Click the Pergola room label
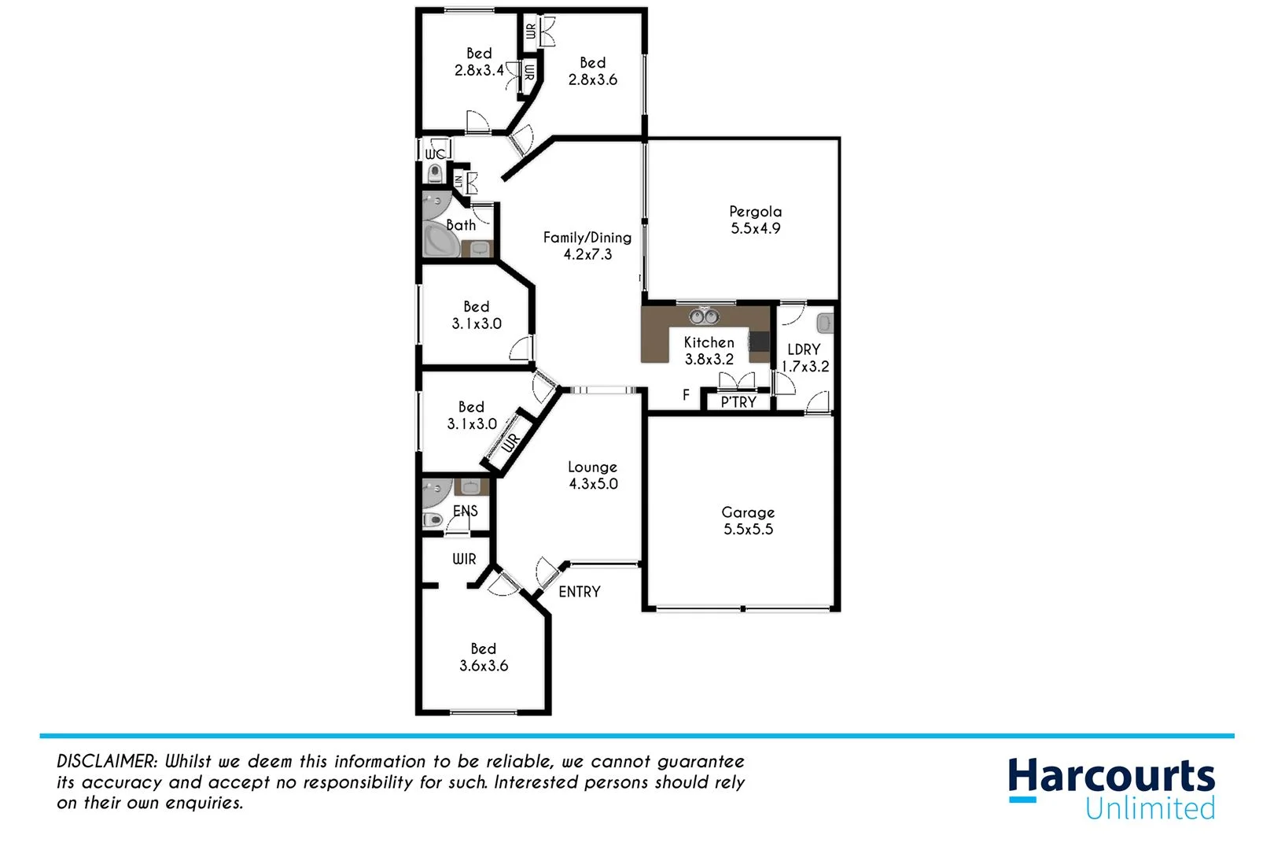pyautogui.click(x=755, y=211)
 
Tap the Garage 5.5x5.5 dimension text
pyautogui.click(x=748, y=530)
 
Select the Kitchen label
pyautogui.click(x=709, y=342)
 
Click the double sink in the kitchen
pyautogui.click(x=704, y=316)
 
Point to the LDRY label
pyautogui.click(x=804, y=349)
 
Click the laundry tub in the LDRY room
pyautogui.click(x=824, y=323)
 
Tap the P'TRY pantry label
pyautogui.click(x=738, y=402)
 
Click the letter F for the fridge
pyautogui.click(x=686, y=395)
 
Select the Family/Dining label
pyautogui.click(x=587, y=238)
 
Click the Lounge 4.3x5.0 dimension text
pyautogui.click(x=593, y=484)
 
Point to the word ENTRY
pyautogui.click(x=579, y=592)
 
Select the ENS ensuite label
pyautogui.click(x=465, y=511)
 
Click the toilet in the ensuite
pyautogui.click(x=433, y=519)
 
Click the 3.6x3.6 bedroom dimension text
pyautogui.click(x=484, y=666)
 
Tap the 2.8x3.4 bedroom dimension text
pyautogui.click(x=479, y=70)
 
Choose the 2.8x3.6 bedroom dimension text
pyautogui.click(x=593, y=79)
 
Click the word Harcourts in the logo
pyautogui.click(x=1111, y=777)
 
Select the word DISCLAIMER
pyautogui.click(x=107, y=761)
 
